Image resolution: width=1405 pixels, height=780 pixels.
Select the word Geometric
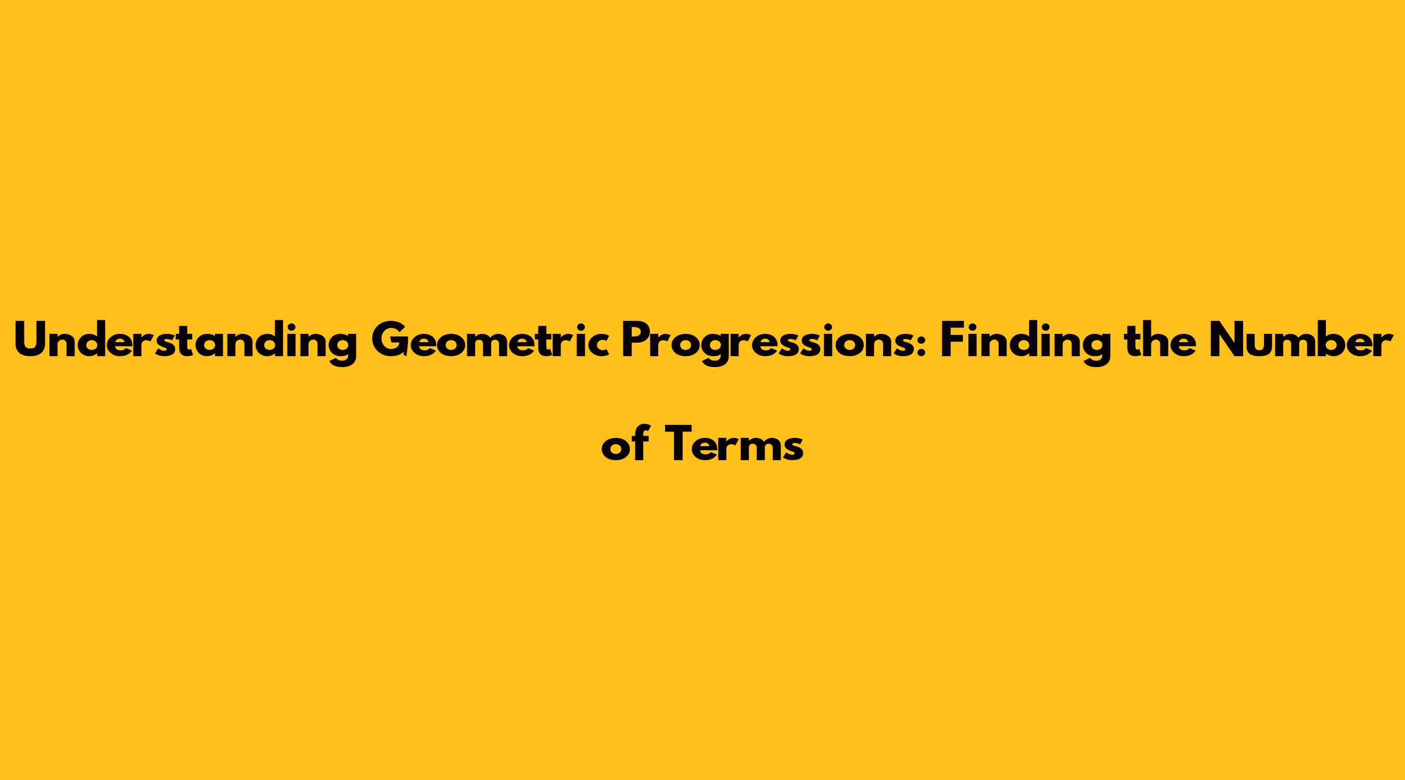click(x=489, y=341)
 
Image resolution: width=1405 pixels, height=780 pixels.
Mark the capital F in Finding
click(x=952, y=341)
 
